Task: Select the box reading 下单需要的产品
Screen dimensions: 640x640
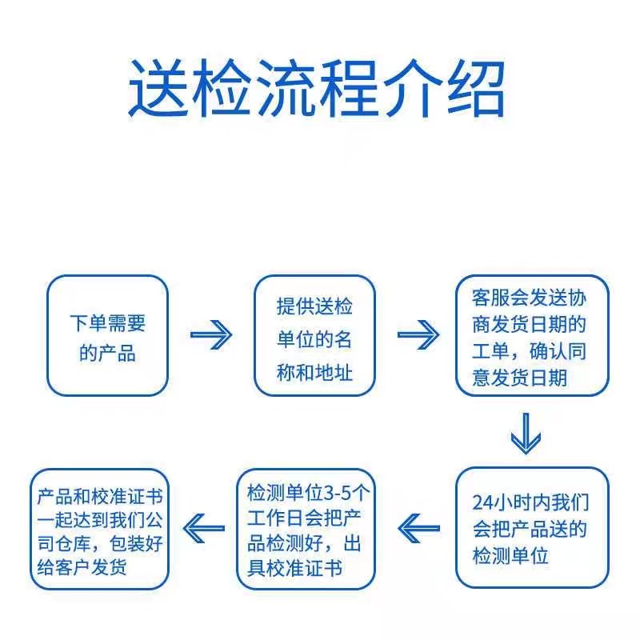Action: point(108,335)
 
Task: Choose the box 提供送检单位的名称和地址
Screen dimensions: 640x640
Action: point(314,335)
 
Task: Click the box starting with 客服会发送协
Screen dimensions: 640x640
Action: point(532,335)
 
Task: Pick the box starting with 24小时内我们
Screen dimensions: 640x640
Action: point(532,529)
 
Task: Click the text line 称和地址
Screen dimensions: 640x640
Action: point(314,373)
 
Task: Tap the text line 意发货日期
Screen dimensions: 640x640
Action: point(520,377)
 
